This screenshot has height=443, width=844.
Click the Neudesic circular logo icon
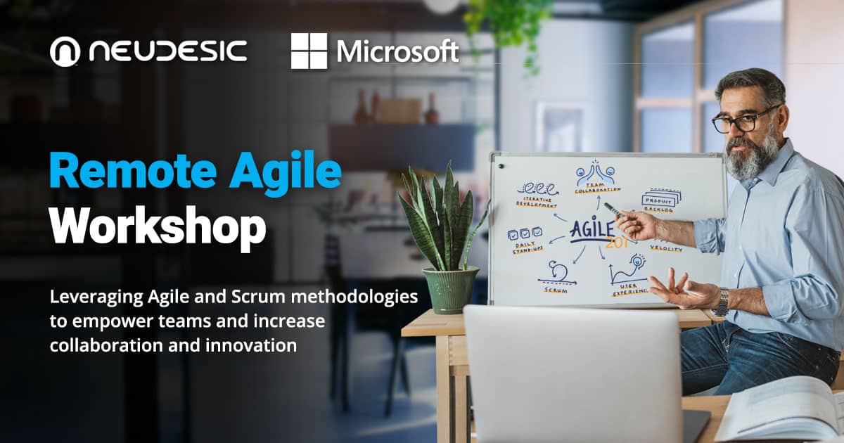64,51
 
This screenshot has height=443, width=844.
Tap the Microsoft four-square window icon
309,51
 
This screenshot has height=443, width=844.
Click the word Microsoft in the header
397,51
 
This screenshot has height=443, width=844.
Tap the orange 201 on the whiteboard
617,243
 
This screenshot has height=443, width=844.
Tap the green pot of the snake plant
451,288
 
